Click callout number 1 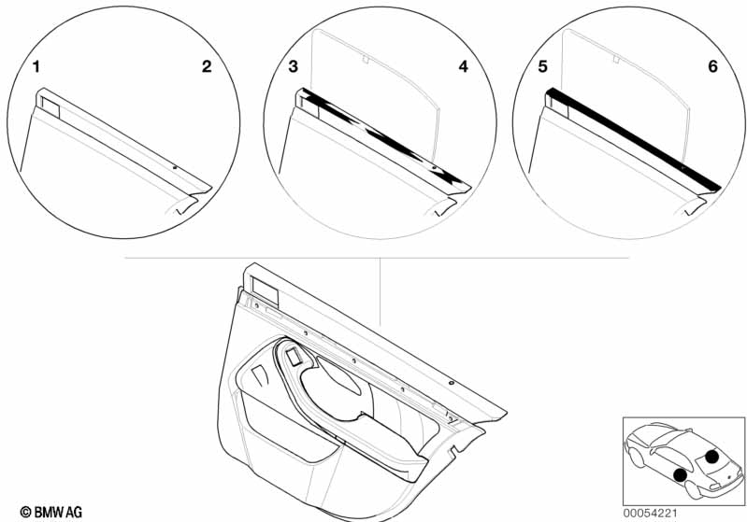pyautogui.click(x=36, y=66)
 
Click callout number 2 pyautogui.click(x=207, y=66)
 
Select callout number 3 pyautogui.click(x=293, y=66)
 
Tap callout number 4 pyautogui.click(x=463, y=66)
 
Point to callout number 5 pyautogui.click(x=542, y=66)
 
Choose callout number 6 pyautogui.click(x=712, y=66)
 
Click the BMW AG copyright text pyautogui.click(x=51, y=512)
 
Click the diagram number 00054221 pyautogui.click(x=650, y=513)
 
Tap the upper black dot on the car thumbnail pyautogui.click(x=711, y=457)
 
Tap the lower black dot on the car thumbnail pyautogui.click(x=681, y=475)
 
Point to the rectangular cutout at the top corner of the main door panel pyautogui.click(x=265, y=290)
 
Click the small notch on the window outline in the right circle pyautogui.click(x=615, y=60)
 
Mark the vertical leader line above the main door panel pyautogui.click(x=380, y=291)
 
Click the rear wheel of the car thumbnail pyautogui.click(x=693, y=489)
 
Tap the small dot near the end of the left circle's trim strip pyautogui.click(x=175, y=167)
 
